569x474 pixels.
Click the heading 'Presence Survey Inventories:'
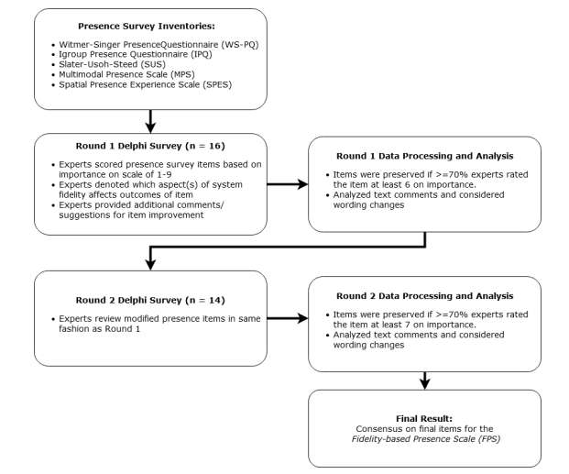tap(147, 27)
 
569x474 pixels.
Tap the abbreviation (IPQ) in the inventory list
tap(201, 54)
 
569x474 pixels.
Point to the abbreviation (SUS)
tap(153, 65)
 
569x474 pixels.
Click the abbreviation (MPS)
tap(182, 74)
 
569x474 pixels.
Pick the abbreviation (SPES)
tap(217, 84)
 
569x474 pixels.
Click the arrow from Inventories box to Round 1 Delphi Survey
tap(150, 121)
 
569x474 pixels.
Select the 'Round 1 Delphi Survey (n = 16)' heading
tap(150, 146)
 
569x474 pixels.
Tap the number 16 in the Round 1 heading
tap(214, 146)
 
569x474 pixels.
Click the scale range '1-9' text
tap(163, 174)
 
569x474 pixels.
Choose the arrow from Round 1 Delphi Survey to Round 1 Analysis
tap(288, 184)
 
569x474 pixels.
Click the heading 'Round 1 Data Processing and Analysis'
tap(424, 156)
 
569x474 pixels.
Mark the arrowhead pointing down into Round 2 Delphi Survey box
tap(150, 264)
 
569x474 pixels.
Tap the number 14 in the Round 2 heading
tap(214, 301)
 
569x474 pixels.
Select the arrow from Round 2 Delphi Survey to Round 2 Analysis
tap(288, 318)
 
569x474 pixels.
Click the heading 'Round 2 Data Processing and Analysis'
tap(424, 296)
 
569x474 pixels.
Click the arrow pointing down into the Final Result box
tap(424, 380)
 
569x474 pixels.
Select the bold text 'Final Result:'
tap(424, 418)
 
